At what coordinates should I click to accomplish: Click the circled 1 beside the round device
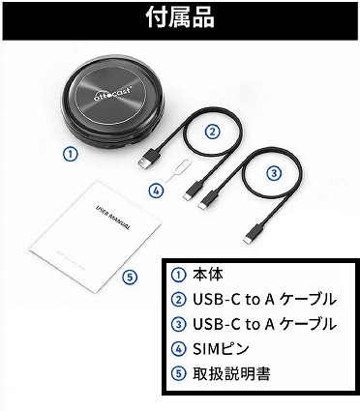[x=69, y=153]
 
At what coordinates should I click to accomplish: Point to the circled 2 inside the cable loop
[x=212, y=132]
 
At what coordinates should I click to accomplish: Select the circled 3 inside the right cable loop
[x=274, y=173]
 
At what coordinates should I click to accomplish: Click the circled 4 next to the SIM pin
[x=155, y=191]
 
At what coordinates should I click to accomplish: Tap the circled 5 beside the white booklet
[x=131, y=277]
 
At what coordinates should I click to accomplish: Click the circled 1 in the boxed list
[x=175, y=272]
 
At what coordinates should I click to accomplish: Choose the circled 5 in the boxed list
[x=175, y=372]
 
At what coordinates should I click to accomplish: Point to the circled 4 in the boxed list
[x=175, y=347]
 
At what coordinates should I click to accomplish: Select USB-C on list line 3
[x=214, y=322]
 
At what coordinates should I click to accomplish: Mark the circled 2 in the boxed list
[x=175, y=297]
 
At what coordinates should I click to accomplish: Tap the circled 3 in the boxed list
[x=175, y=322]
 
